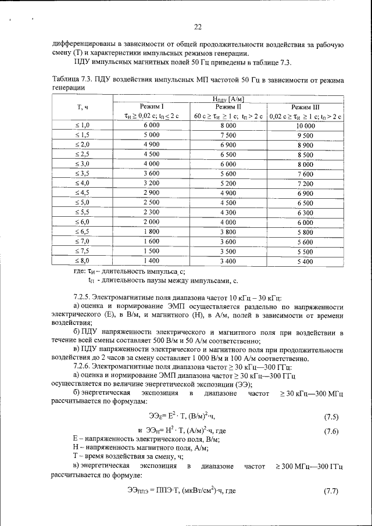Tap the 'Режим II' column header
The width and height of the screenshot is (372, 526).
(x=228, y=107)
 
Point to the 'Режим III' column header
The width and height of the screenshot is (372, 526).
(x=305, y=107)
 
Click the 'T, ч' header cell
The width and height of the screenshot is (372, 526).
(x=82, y=108)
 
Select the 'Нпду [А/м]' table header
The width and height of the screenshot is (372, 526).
(x=228, y=99)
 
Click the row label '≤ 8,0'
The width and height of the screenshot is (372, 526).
(x=82, y=261)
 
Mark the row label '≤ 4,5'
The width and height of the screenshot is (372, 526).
(x=82, y=192)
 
